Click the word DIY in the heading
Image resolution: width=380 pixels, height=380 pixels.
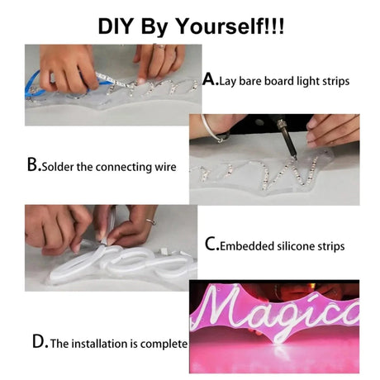(115, 26)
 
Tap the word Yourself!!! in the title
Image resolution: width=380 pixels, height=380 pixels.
(229, 26)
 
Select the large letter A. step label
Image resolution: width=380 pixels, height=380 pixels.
(211, 79)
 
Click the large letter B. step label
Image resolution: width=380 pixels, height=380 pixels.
(34, 165)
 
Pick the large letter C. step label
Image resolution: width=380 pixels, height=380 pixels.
(212, 245)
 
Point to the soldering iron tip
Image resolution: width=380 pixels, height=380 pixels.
(295, 158)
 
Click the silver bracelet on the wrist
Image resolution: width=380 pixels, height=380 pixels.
(213, 129)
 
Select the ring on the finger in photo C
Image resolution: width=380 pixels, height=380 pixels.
(151, 221)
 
